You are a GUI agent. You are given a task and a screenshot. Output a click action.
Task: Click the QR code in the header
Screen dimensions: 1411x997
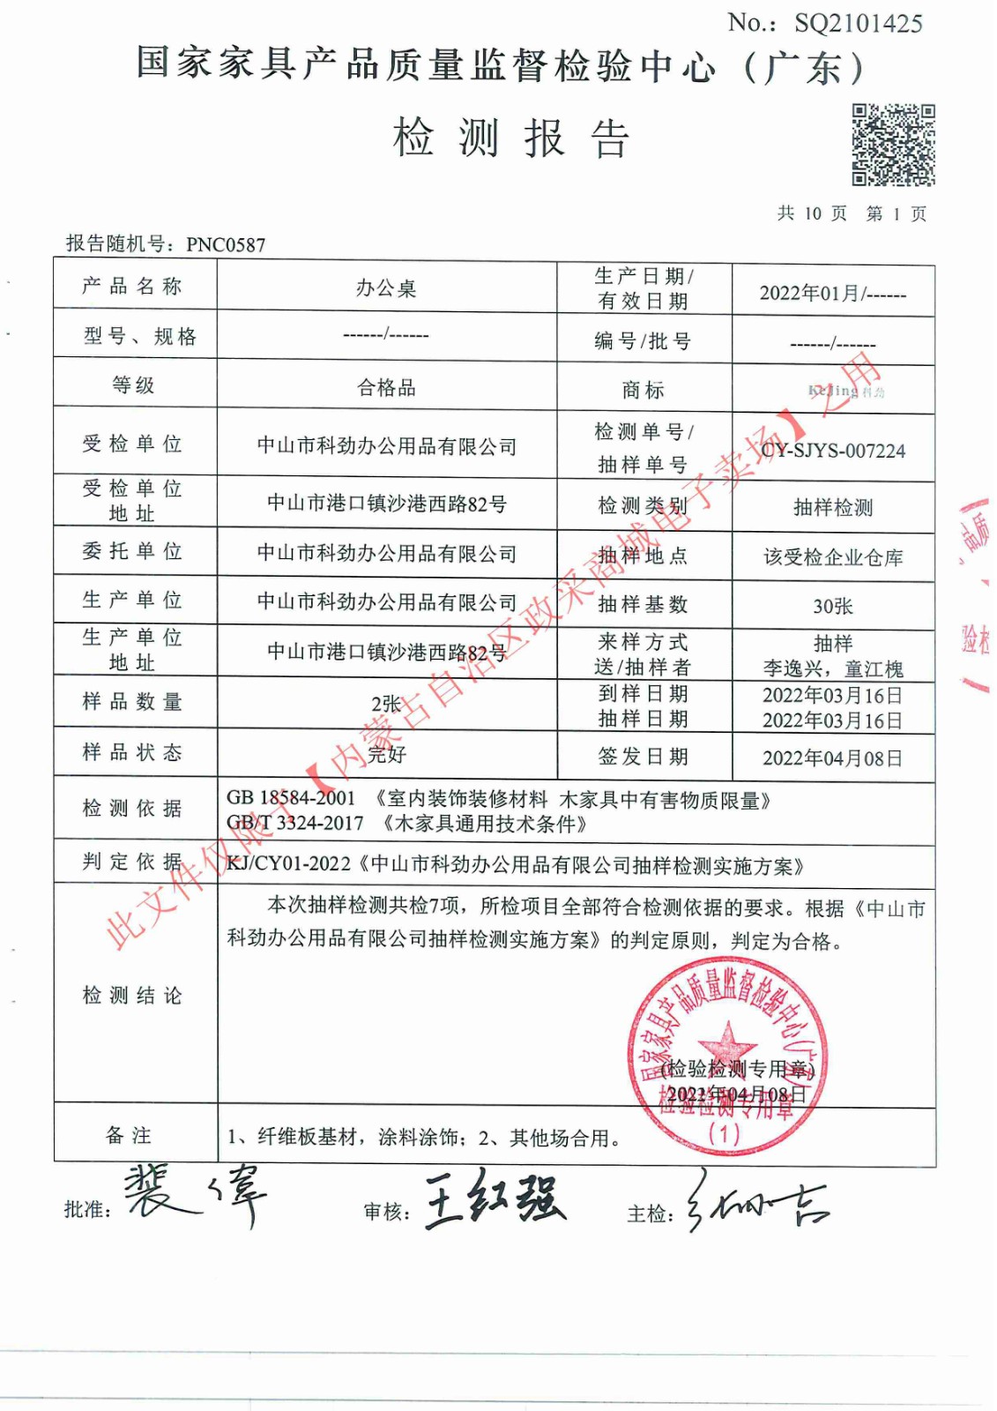point(892,145)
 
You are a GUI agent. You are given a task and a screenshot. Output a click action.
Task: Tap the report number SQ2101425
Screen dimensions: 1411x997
point(858,24)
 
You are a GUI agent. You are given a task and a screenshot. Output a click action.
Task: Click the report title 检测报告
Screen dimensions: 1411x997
point(510,138)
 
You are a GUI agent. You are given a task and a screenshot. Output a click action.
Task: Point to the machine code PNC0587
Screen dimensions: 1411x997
point(226,245)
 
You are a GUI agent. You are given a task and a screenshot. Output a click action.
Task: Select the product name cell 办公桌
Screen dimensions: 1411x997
point(386,288)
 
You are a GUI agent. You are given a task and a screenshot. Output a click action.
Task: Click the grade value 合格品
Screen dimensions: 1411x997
point(386,387)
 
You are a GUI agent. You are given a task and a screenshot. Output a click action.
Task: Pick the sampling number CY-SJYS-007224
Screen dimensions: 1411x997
point(833,451)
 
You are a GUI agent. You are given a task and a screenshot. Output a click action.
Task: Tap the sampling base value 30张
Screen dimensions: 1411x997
point(833,606)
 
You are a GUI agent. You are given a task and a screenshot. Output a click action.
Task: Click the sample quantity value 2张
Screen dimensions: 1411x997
point(386,704)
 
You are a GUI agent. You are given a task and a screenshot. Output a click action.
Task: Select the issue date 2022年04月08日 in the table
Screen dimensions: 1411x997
point(833,758)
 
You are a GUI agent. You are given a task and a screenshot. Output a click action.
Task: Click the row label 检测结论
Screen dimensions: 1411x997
point(132,996)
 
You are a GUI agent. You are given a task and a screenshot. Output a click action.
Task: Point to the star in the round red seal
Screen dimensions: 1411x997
point(727,1041)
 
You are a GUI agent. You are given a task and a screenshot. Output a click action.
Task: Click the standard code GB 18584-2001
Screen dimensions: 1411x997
point(291,798)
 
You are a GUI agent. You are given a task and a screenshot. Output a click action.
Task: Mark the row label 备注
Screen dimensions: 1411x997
point(130,1136)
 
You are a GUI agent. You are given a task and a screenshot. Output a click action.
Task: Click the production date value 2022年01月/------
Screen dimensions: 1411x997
point(833,294)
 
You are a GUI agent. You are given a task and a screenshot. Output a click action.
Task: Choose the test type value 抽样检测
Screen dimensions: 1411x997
point(833,507)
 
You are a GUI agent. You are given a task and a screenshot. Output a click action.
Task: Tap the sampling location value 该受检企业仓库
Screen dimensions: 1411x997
point(833,557)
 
